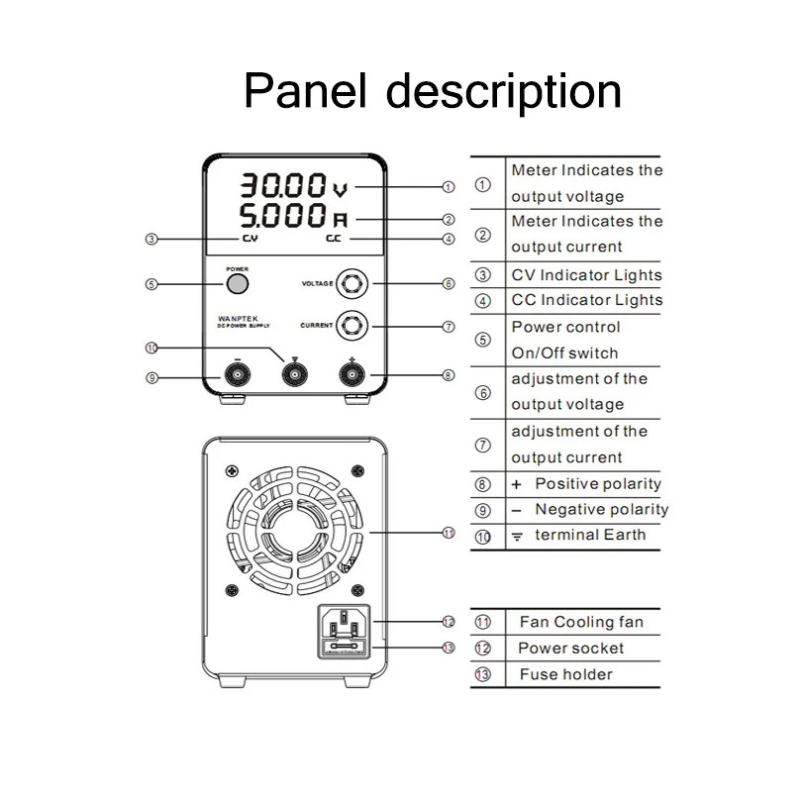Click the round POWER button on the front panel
237,284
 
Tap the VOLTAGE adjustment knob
352,283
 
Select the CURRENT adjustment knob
352,324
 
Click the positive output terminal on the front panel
352,374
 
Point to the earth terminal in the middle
294,374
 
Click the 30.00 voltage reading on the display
285,185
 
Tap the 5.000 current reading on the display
285,215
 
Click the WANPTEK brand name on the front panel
237,319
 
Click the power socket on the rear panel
344,625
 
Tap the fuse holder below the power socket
344,649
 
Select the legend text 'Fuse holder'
565,674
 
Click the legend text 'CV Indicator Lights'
586,274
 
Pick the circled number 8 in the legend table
483,484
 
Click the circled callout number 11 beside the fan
448,533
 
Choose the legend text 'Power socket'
571,648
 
